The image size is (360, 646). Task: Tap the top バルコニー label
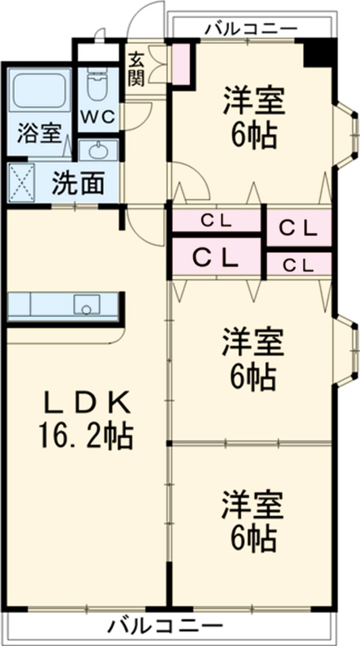pyautogui.click(x=250, y=28)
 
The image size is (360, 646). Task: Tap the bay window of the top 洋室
pyautogui.click(x=344, y=131)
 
